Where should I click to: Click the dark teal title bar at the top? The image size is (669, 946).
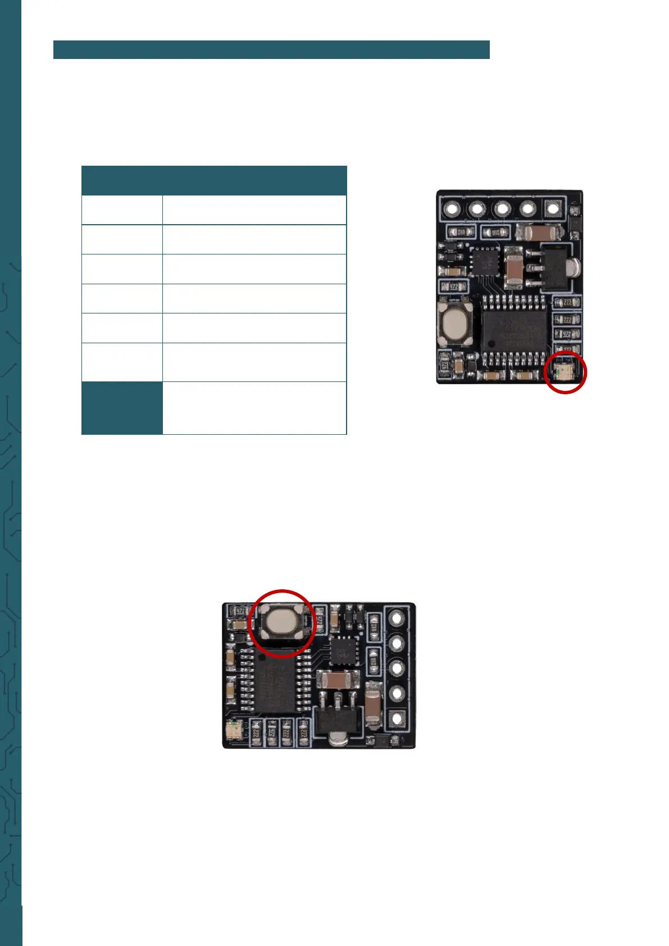click(x=271, y=49)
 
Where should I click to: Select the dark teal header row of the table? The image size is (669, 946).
click(x=213, y=180)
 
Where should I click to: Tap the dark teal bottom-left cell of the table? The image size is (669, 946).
click(x=122, y=408)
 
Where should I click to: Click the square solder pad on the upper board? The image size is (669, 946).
click(x=553, y=210)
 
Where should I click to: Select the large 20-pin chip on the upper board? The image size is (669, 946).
click(x=515, y=331)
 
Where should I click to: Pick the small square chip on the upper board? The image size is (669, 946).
click(x=485, y=262)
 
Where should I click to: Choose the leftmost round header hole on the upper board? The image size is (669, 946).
click(x=451, y=210)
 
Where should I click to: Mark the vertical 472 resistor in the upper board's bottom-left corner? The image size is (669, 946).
click(x=444, y=366)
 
